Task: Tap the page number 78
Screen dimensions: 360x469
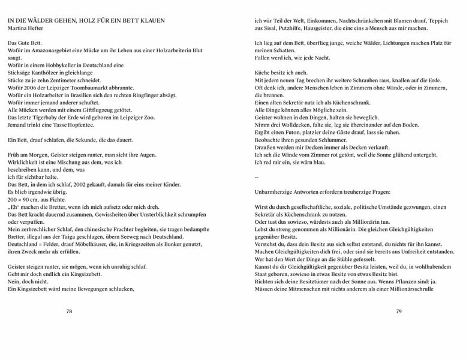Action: click(70, 312)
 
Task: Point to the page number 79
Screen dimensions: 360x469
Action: click(398, 312)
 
